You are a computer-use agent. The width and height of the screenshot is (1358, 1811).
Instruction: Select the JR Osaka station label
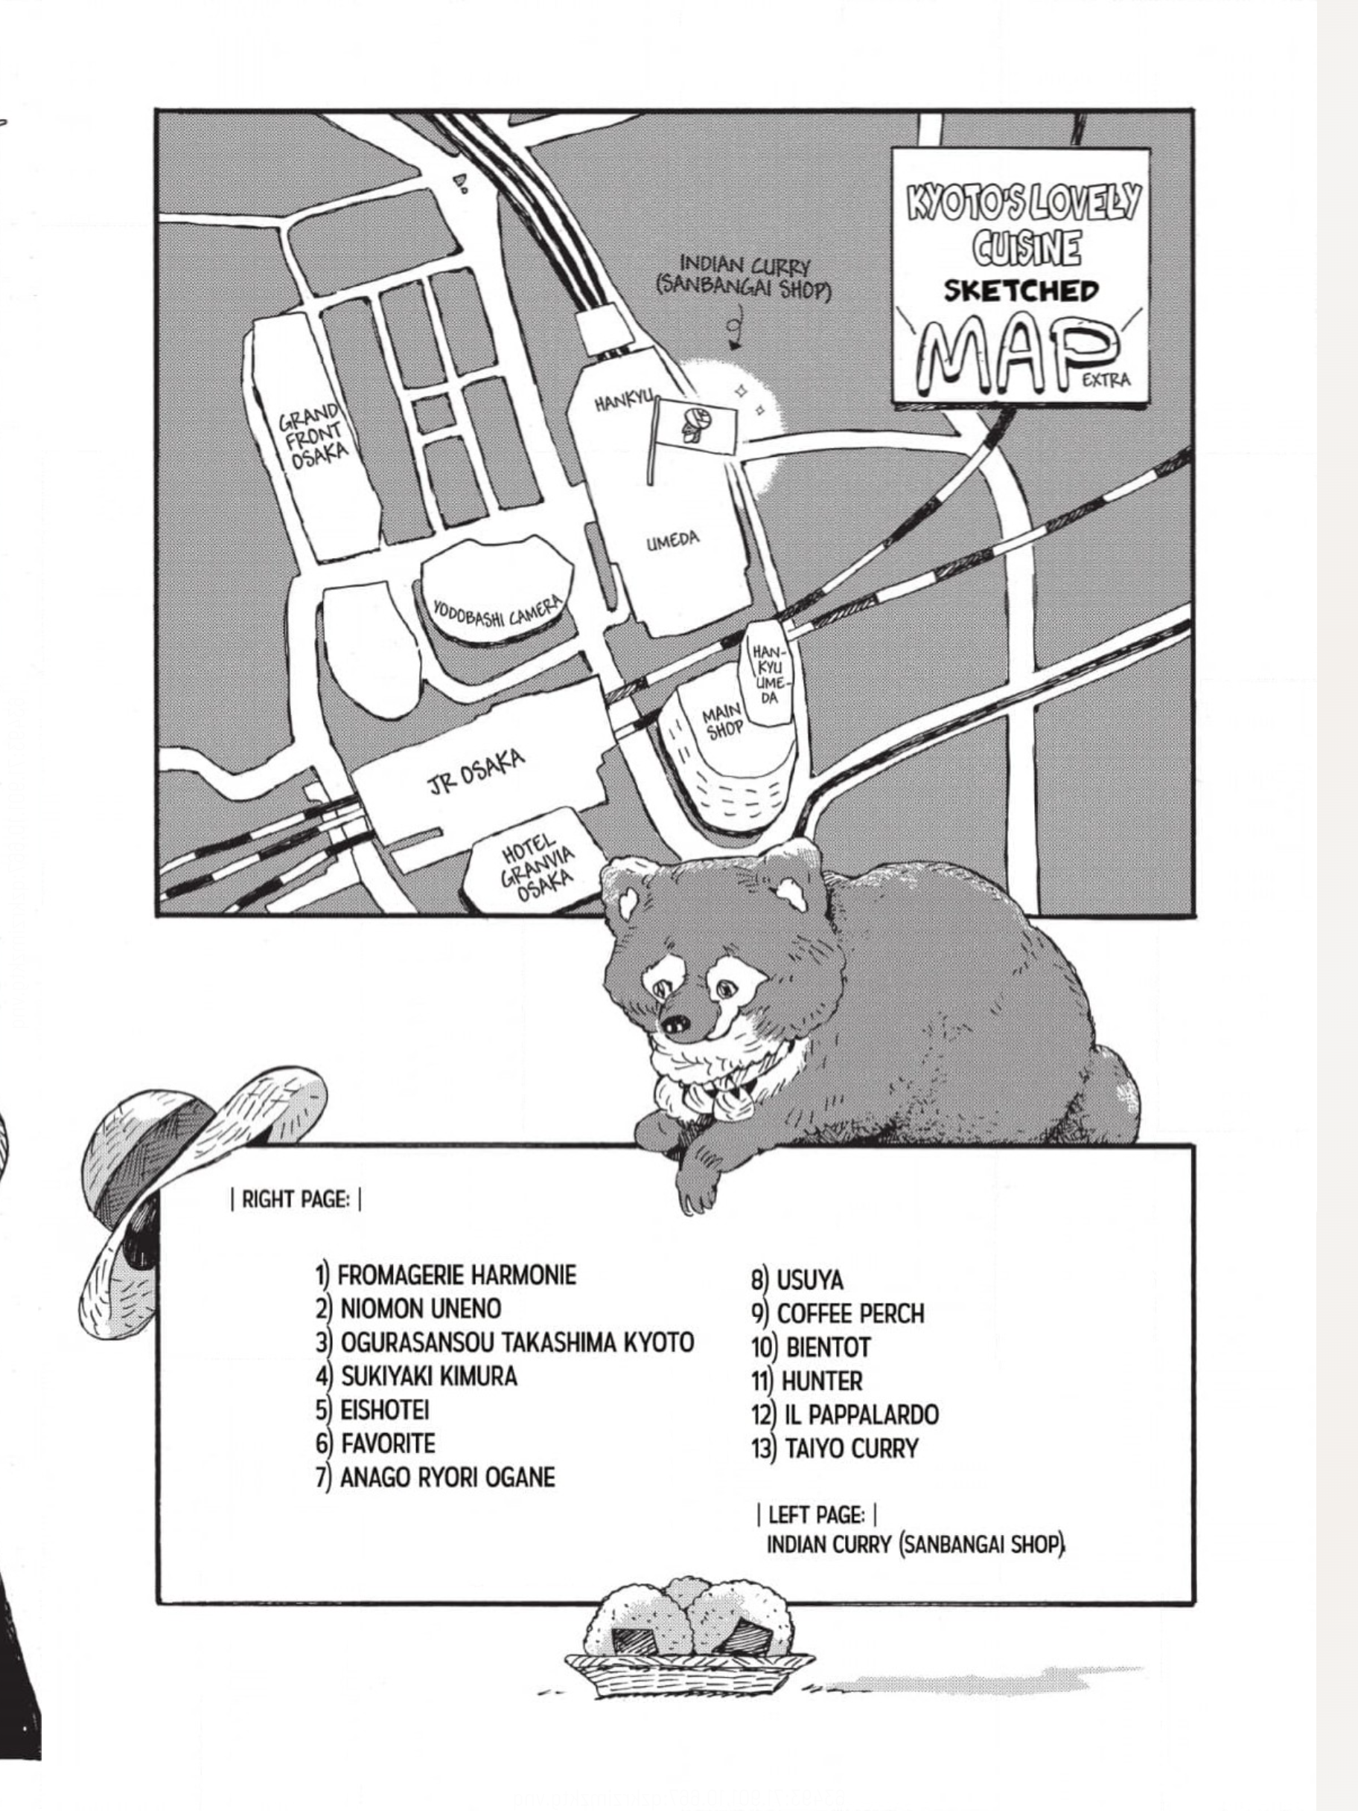(x=476, y=772)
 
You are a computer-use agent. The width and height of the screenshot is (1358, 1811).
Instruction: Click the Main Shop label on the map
(x=722, y=720)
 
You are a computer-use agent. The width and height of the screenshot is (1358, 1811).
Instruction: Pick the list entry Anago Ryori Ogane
(x=436, y=1477)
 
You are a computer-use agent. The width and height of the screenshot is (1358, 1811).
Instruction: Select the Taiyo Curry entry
(x=835, y=1449)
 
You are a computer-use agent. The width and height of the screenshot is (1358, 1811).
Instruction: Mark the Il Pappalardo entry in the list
(x=844, y=1414)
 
